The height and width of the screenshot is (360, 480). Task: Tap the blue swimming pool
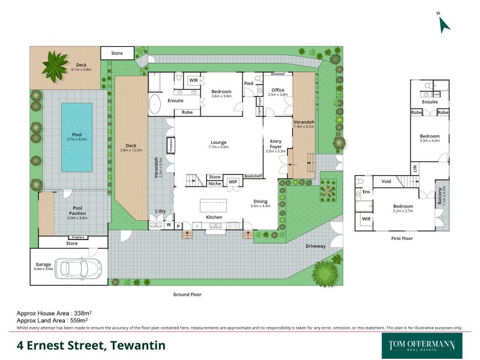coord(77,129)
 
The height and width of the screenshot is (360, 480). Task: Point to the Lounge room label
coord(219,142)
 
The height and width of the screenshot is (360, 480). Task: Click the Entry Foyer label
coord(275,143)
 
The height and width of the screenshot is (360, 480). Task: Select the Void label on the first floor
coord(386,181)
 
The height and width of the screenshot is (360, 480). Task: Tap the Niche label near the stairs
coord(214,184)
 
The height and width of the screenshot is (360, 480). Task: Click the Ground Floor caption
coord(187,295)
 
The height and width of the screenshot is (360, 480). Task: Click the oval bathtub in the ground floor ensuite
coord(155,104)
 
